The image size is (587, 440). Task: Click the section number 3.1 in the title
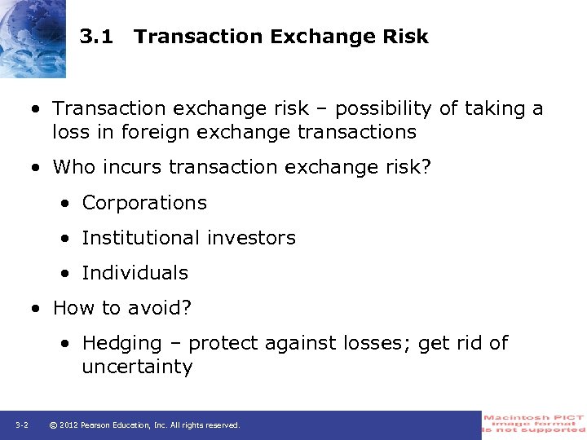(96, 37)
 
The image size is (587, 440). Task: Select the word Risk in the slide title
(405, 37)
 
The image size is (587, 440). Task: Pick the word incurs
(134, 168)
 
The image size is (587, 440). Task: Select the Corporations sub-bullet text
(144, 203)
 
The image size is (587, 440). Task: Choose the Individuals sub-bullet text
(135, 273)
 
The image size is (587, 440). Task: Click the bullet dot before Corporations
(65, 204)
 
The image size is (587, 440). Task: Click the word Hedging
(121, 344)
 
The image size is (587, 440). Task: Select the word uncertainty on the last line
(137, 367)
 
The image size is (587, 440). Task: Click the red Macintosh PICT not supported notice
(534, 425)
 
